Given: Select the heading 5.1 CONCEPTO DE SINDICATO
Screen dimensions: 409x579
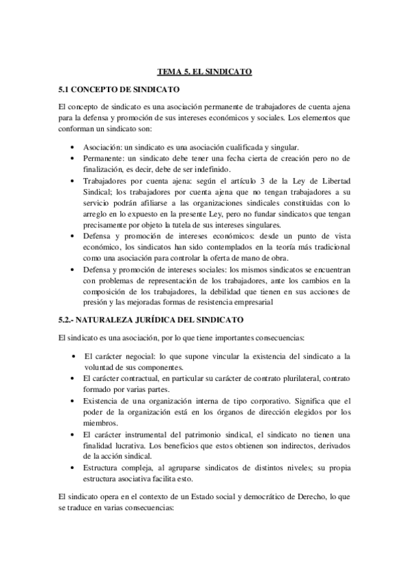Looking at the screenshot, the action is pyautogui.click(x=119, y=89).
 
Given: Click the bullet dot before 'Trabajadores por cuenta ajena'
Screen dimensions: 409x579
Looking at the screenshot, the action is pyautogui.click(x=74, y=181).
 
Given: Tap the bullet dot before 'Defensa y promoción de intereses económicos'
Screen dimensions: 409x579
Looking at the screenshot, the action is pyautogui.click(x=74, y=236).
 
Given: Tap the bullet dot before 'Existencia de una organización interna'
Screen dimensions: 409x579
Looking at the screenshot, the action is pyautogui.click(x=74, y=400).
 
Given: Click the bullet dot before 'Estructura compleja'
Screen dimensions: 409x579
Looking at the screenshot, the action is pyautogui.click(x=74, y=466).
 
